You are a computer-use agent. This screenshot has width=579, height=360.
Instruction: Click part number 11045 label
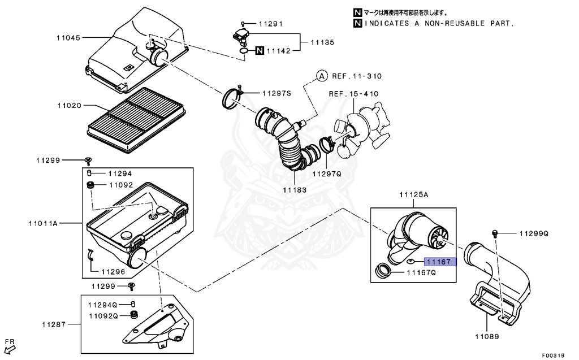68,38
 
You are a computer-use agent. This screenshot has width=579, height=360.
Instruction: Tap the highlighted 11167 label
439,262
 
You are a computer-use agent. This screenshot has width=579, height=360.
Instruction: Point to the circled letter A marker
321,76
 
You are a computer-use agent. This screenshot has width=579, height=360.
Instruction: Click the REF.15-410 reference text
354,93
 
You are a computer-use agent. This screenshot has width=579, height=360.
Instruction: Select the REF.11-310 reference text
357,76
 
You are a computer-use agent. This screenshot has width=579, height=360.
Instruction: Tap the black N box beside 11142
259,51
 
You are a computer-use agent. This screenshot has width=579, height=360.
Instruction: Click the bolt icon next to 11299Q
495,233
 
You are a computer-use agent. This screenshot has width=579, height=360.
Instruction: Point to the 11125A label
414,195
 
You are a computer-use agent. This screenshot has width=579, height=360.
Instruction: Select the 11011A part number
44,224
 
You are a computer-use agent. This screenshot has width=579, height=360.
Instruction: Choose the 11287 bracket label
53,324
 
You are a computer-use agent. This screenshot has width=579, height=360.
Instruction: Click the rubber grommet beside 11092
89,185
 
